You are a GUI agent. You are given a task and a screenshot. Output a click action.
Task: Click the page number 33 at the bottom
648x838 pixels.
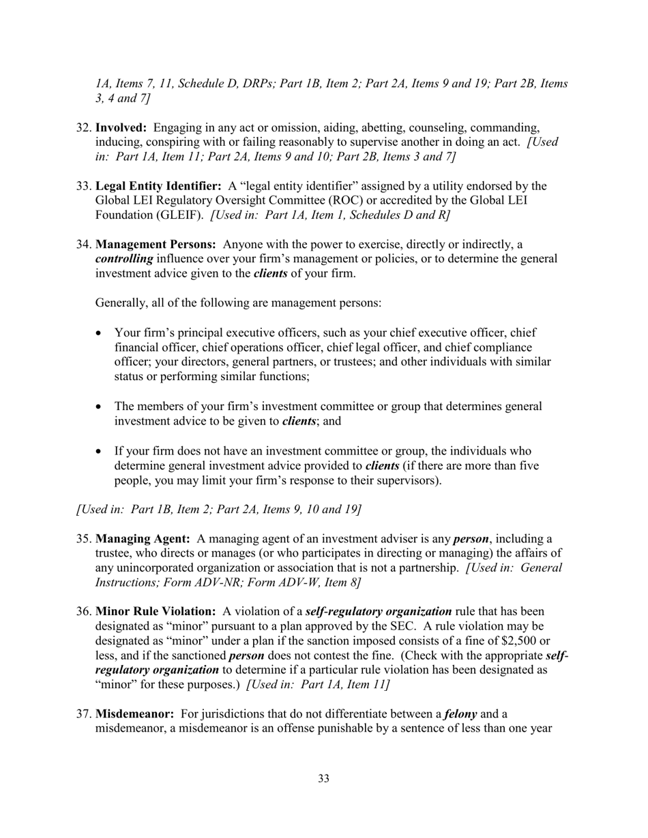[x=323, y=778]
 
